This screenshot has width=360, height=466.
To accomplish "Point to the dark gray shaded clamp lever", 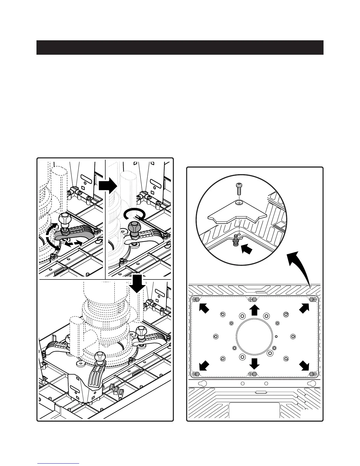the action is coord(74,234).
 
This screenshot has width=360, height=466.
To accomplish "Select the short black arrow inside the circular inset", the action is coord(247,249).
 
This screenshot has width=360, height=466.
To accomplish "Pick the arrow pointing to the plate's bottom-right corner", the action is coord(304,366).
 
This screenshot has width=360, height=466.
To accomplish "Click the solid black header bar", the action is coord(180,47).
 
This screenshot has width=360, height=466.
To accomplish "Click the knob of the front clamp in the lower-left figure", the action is coord(99,357).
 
